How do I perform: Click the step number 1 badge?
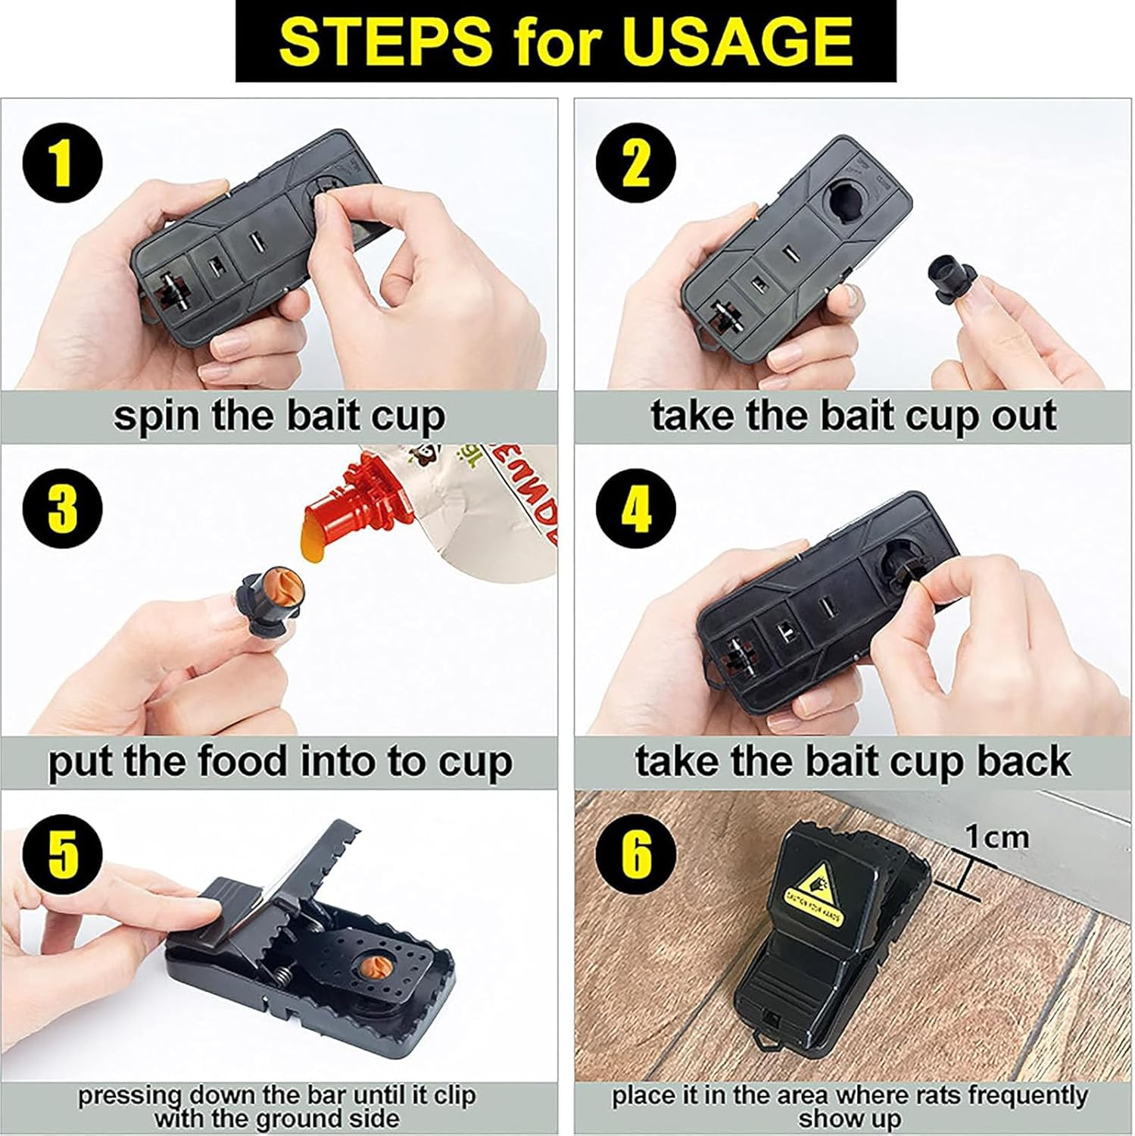click(x=62, y=164)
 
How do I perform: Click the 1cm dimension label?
click(x=997, y=837)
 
